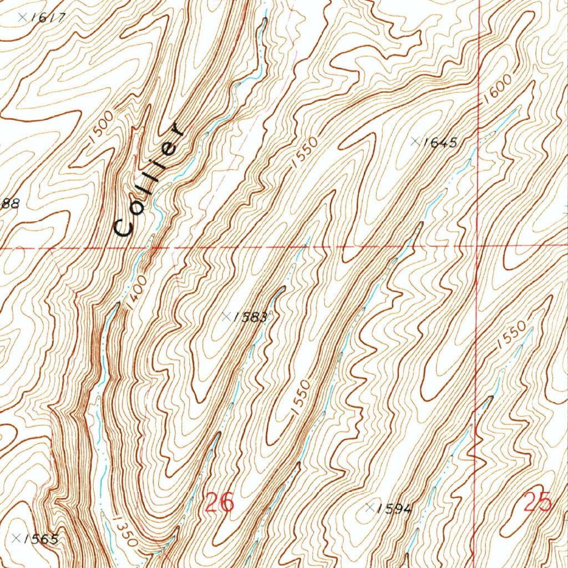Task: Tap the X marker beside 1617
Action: (22, 17)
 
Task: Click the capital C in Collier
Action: (123, 226)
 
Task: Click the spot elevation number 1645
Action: (439, 143)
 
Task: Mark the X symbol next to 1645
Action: (414, 141)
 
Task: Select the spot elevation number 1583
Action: (250, 317)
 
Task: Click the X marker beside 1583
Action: (226, 316)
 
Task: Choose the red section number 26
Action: (220, 503)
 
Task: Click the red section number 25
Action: (537, 502)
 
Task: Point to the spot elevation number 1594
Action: (394, 509)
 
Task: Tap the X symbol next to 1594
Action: (370, 507)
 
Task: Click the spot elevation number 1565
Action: (41, 539)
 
